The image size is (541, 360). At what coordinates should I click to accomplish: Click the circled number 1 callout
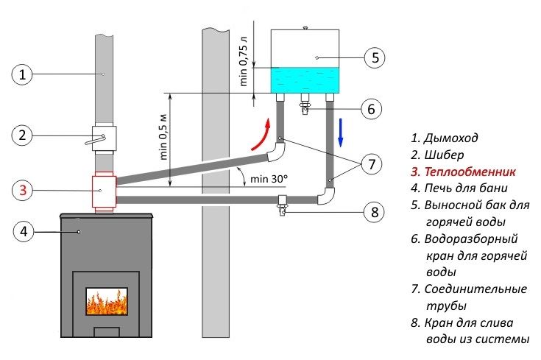22,74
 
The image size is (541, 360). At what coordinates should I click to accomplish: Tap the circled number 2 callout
22,135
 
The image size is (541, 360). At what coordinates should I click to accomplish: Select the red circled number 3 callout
23,190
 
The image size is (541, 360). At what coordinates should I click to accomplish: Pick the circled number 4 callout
24,231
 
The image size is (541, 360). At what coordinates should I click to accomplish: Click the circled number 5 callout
375,57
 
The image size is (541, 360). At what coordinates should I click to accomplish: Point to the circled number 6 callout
371,109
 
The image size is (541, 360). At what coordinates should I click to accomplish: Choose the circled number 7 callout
371,164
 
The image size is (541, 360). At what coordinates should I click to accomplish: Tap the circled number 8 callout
375,212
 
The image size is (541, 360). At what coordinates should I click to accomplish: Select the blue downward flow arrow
341,133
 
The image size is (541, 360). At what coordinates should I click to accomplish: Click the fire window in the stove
107,301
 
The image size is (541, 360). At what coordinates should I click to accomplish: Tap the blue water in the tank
305,80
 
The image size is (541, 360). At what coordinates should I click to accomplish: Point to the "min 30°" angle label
269,179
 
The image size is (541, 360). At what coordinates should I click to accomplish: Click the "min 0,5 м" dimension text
163,137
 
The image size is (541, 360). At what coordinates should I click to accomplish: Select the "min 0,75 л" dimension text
244,61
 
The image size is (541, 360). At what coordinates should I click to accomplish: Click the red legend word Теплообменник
470,172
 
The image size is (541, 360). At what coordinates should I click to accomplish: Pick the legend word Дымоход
450,138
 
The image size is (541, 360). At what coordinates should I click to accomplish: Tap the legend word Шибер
444,155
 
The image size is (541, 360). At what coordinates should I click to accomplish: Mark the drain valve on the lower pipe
283,205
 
